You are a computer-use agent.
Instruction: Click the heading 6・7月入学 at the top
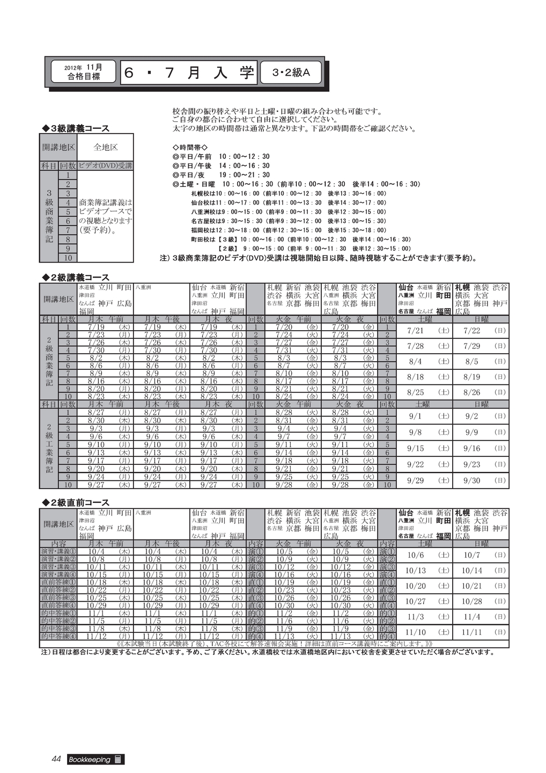[x=189, y=72]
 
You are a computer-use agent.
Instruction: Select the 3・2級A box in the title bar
[x=291, y=72]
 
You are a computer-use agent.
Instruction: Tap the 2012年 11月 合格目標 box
[x=83, y=72]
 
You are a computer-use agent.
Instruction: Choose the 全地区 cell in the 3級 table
[x=106, y=147]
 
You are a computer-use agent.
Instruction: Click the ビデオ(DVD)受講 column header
[x=106, y=166]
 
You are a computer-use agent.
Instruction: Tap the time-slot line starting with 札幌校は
[x=289, y=193]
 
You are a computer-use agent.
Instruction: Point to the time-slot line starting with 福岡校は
[x=289, y=230]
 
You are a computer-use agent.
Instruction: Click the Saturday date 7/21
[x=416, y=331]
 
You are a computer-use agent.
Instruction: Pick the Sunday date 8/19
[x=472, y=377]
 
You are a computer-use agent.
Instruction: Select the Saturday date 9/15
[x=416, y=448]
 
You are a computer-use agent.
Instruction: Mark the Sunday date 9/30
[x=472, y=480]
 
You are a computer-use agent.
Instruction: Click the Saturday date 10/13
[x=416, y=571]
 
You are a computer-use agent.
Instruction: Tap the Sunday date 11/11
[x=472, y=632]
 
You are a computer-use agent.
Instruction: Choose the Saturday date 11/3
[x=416, y=617]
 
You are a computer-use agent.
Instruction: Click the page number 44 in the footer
[x=57, y=759]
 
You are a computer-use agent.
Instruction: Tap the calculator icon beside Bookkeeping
[x=119, y=760]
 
